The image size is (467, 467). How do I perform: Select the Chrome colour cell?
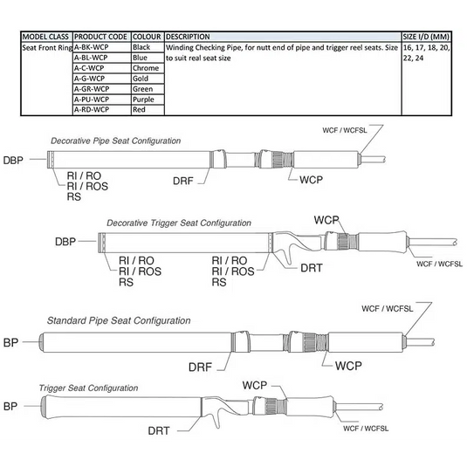148,68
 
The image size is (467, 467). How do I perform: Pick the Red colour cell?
148,110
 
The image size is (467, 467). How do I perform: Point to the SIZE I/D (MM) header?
426,37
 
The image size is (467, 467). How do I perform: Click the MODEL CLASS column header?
46,37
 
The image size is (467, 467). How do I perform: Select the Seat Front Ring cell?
47,48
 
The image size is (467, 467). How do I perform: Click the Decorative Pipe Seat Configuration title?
115,141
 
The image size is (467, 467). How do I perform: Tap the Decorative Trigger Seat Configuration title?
179,223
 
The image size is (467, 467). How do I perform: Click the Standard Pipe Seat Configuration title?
119,320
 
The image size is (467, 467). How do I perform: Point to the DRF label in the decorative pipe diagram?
182,181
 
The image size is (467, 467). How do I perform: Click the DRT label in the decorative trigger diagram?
312,268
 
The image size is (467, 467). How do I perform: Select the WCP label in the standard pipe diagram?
348,366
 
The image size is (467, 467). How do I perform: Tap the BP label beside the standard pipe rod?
10,342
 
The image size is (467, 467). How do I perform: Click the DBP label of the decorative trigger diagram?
65,242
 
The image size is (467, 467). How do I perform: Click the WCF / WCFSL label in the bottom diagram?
366,429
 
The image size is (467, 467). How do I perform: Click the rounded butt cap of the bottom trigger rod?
44,407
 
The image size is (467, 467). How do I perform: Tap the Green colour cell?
148,89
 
